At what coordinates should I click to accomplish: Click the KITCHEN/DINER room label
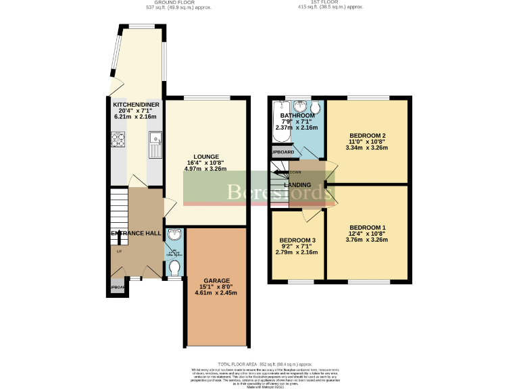click(x=136, y=104)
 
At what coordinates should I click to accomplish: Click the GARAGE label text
click(x=217, y=280)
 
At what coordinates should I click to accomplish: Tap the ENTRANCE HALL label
click(x=136, y=233)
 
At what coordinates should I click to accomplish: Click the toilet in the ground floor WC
click(x=176, y=268)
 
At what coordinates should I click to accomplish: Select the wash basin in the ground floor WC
click(x=176, y=235)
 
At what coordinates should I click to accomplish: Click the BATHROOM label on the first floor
click(x=298, y=115)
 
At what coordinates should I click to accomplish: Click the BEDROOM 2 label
click(x=368, y=134)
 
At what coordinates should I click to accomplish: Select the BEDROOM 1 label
click(x=368, y=228)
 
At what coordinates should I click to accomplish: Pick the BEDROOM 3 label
click(x=297, y=240)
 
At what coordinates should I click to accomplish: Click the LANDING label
click(x=297, y=184)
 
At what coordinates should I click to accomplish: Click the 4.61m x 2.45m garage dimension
click(x=217, y=293)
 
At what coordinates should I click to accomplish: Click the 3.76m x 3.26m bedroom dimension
click(x=368, y=240)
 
